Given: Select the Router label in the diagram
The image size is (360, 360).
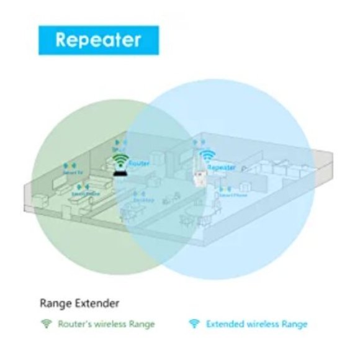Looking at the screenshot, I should click(141, 163).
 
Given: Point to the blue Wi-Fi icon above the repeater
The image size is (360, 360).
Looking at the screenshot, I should click(207, 156).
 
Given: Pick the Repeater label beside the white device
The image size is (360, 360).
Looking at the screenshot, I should click(221, 168).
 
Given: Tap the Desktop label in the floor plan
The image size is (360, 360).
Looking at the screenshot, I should click(143, 200).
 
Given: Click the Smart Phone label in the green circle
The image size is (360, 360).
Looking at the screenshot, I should click(85, 194).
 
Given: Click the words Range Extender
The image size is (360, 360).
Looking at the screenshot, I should click(79, 304).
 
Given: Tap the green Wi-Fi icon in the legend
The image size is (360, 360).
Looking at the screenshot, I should click(45, 324).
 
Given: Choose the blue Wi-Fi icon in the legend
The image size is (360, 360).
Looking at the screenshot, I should click(194, 324).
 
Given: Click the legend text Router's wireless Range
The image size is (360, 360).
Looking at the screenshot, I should click(106, 324).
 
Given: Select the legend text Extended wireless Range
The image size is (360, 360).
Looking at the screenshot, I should click(256, 324).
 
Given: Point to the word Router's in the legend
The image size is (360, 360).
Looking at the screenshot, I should click(75, 324).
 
